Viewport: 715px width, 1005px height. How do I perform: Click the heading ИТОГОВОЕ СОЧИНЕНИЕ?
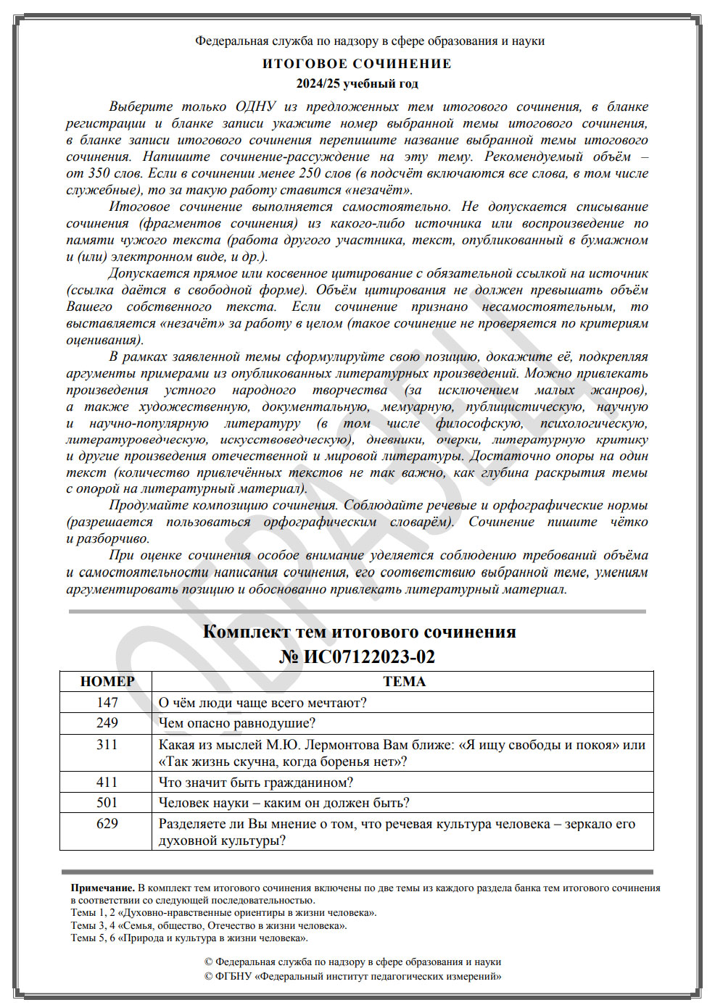click(x=357, y=64)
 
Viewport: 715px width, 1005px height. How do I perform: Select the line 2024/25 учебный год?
click(x=357, y=83)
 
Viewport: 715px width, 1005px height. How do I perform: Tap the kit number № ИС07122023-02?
click(x=357, y=656)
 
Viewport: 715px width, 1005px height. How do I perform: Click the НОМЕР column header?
click(x=107, y=681)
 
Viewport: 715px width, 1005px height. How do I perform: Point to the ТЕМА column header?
click(x=404, y=681)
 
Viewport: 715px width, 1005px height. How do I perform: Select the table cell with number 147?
click(x=107, y=702)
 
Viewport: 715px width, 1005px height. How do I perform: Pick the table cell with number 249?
click(x=107, y=723)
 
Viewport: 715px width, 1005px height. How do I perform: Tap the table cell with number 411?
click(x=107, y=782)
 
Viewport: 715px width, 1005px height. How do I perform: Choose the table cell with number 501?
click(x=107, y=803)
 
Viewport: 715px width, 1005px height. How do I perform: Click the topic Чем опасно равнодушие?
click(x=237, y=723)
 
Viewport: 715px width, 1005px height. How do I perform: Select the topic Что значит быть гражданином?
click(x=256, y=782)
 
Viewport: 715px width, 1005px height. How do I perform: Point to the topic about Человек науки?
click(x=284, y=803)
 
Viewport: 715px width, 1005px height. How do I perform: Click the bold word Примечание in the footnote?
click(x=102, y=888)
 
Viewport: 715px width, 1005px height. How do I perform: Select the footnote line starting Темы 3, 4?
click(x=209, y=925)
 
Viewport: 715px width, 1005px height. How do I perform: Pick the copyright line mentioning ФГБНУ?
click(x=352, y=976)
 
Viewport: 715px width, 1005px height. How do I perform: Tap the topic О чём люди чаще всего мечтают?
click(x=263, y=702)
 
